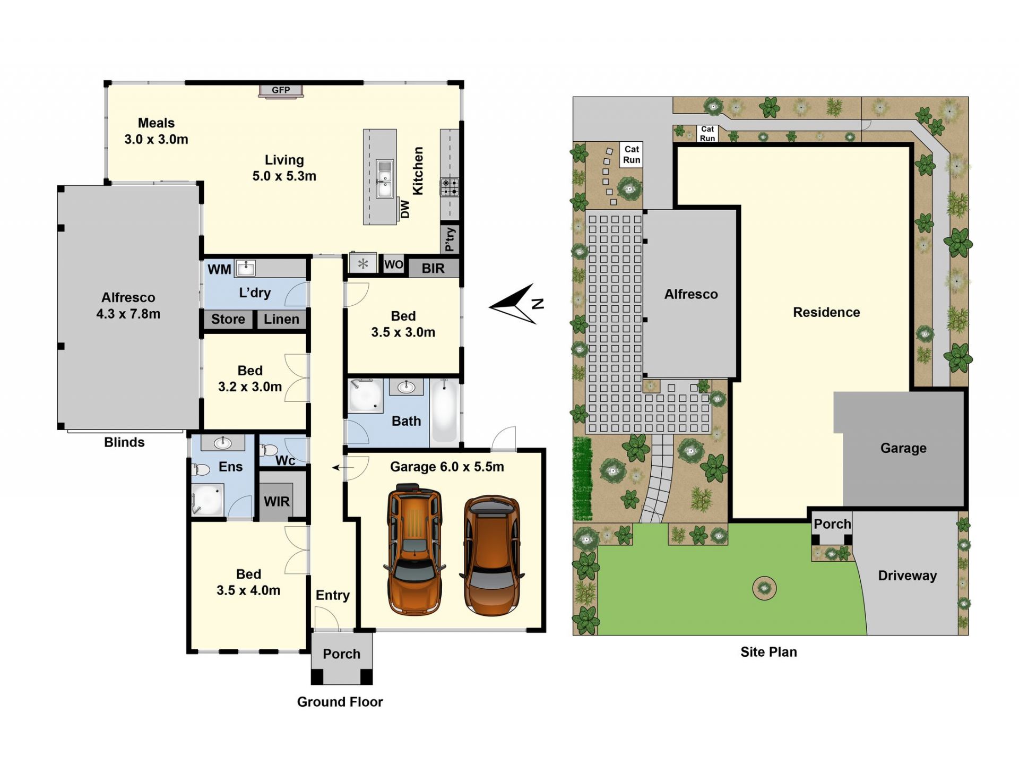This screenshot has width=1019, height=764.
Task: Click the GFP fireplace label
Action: [x=281, y=90]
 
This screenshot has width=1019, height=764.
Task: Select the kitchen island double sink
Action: [x=385, y=178]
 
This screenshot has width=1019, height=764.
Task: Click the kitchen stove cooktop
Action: [x=450, y=187]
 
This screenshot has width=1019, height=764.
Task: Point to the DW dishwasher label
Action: [x=405, y=209]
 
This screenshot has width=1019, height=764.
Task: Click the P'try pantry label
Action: [x=450, y=239]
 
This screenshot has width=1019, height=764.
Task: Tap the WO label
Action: [x=393, y=264]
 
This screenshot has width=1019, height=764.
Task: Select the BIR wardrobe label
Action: [x=433, y=269]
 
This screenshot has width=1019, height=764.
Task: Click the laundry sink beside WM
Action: [x=245, y=268]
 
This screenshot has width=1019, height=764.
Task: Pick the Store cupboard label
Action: [x=228, y=319]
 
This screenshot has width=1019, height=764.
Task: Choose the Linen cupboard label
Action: [x=281, y=319]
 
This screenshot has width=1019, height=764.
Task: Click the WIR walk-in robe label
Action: [x=277, y=502]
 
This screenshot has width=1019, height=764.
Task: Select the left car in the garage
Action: [x=414, y=549]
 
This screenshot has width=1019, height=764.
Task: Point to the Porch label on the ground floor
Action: [x=341, y=654]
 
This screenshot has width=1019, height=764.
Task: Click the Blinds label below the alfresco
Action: [x=124, y=442]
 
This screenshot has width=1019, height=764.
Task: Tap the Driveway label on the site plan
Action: [x=907, y=576]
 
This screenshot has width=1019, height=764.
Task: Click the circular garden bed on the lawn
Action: [x=764, y=588]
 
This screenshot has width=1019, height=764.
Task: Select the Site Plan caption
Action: [x=768, y=652]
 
